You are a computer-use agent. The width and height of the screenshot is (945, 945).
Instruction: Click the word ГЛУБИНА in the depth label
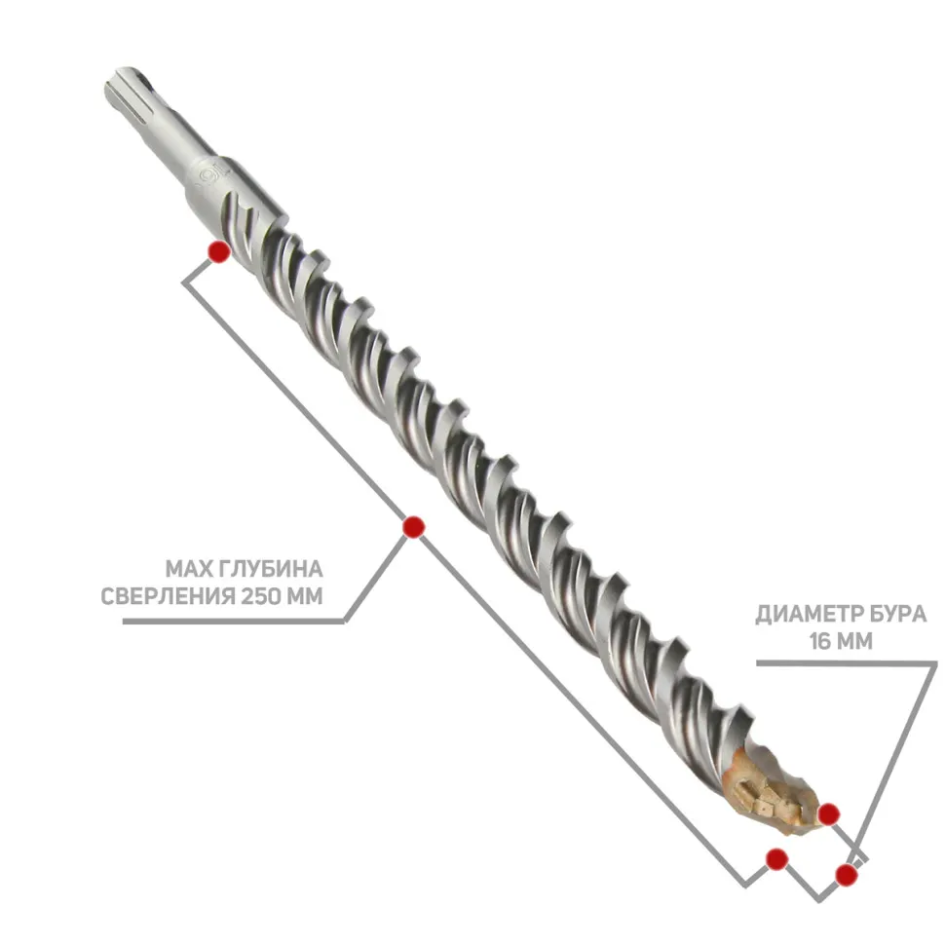(270, 569)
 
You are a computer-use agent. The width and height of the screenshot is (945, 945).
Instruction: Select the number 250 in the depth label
(261, 596)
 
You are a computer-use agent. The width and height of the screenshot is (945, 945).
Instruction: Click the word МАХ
(187, 569)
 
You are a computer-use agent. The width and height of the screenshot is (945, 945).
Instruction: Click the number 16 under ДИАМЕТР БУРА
(821, 641)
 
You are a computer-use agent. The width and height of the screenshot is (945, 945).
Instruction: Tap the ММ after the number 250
(305, 596)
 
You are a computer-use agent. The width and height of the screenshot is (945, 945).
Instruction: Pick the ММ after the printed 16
(855, 641)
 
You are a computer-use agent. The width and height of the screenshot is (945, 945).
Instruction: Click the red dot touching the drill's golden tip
(829, 814)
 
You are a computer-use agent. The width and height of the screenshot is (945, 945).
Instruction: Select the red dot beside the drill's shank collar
(219, 250)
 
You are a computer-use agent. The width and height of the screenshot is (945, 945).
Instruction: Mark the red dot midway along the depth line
(413, 527)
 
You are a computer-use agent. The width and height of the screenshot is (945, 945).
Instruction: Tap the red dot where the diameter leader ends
(847, 874)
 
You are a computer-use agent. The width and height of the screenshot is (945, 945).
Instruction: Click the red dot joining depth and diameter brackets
(776, 859)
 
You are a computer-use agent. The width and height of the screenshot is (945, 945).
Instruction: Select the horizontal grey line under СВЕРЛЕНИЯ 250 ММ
(233, 621)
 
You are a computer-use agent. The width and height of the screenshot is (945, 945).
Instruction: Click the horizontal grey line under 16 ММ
(847, 662)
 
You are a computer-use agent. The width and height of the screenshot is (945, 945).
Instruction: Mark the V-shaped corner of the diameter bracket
(819, 900)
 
